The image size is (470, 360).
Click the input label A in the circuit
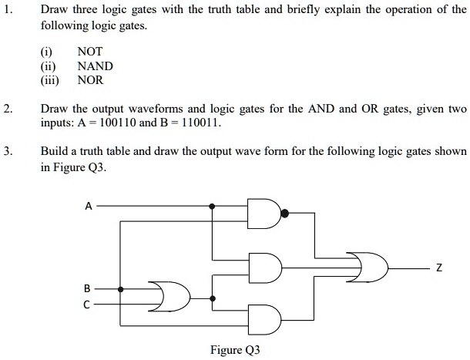89,206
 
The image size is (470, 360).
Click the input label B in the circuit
87,288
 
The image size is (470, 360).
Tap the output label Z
438,267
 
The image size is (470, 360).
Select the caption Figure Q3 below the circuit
235,348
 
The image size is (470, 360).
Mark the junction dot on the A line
213,207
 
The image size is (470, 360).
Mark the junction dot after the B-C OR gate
213,298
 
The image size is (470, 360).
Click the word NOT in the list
90,52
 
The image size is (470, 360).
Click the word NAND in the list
96,66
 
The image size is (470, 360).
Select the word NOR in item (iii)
90,80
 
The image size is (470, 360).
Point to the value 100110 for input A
119,123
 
